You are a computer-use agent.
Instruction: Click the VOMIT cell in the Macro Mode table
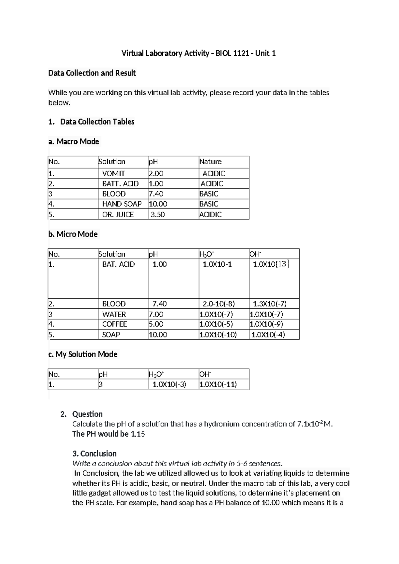coord(113,173)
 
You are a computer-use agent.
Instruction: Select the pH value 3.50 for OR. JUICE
coord(158,214)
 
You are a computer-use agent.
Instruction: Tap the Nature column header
coord(210,162)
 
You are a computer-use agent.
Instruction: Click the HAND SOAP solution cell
coord(122,204)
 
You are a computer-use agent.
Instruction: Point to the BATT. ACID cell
coord(120,184)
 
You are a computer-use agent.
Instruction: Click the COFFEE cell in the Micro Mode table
coord(114,324)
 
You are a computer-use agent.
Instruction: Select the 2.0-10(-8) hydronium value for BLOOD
coord(219,304)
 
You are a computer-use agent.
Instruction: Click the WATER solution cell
coord(114,314)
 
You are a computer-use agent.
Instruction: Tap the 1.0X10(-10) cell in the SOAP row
coord(218,335)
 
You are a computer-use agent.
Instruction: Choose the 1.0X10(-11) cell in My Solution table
coord(218,384)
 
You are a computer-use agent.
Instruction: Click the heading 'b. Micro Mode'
coord(73,234)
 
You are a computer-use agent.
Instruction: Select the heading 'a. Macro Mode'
coord(74,142)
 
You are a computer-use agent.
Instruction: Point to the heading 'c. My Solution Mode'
coord(83,354)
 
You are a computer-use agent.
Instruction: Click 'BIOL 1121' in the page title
coord(232,53)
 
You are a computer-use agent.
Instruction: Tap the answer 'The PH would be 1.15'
coord(108,434)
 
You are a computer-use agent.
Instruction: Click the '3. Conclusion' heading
coord(94,454)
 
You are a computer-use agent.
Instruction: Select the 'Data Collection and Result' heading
coord(92,73)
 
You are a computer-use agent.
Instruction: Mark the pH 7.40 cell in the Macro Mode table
coord(156,194)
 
